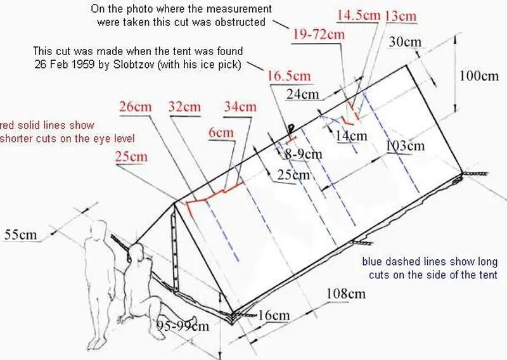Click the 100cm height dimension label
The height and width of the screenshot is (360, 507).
(479, 76)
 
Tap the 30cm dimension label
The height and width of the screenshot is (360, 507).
(405, 42)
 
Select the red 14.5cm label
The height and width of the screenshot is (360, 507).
(359, 15)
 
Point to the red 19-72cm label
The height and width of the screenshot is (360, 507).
(319, 34)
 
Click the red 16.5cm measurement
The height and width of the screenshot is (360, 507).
(289, 76)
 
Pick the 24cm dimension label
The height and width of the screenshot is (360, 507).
(303, 94)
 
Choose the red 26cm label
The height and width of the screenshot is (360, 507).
(135, 106)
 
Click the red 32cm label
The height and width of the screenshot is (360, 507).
(184, 106)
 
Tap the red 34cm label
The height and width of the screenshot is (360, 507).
(240, 106)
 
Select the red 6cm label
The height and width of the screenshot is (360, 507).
(221, 132)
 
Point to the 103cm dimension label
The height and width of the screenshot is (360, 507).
(405, 146)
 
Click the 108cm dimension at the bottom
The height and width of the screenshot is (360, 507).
(346, 293)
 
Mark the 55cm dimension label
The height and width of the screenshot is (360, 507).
(21, 235)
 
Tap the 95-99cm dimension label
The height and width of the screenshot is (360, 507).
(183, 325)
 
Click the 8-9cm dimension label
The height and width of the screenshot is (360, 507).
(304, 154)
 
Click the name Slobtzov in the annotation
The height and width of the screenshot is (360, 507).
(135, 65)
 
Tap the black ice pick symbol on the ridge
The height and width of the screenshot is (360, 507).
(291, 129)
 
